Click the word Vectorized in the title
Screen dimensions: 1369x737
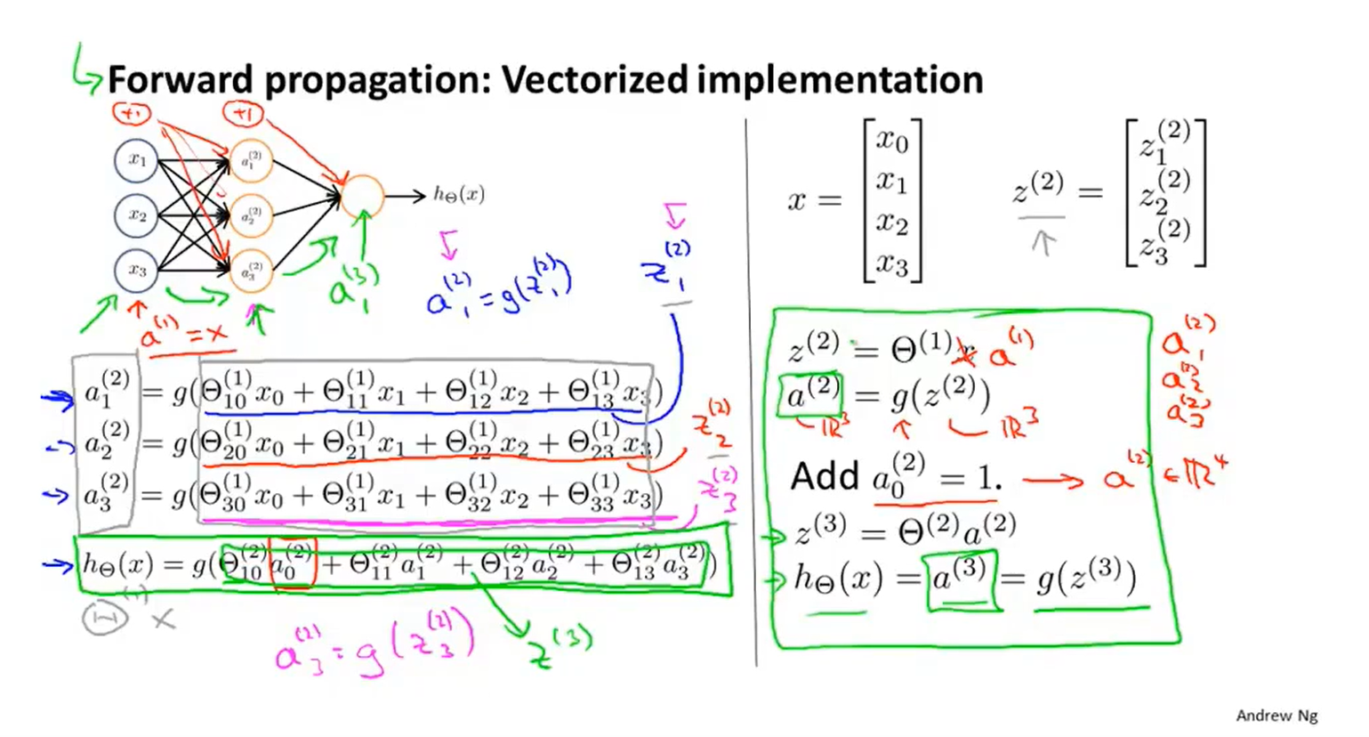(x=594, y=80)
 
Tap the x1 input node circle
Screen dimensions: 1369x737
(x=136, y=160)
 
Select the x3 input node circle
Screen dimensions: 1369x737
(x=136, y=270)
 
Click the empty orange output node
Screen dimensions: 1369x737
(x=361, y=196)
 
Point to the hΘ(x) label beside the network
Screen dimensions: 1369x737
(x=459, y=195)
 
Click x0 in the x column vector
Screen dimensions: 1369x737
(x=892, y=141)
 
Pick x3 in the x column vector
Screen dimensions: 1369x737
(x=892, y=263)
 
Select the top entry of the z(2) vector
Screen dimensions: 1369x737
(x=1164, y=142)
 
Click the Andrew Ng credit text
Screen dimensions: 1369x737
(x=1276, y=716)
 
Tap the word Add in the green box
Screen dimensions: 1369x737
(x=825, y=477)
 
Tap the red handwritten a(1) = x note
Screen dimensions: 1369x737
(x=182, y=335)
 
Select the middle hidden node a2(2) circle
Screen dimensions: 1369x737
(x=251, y=215)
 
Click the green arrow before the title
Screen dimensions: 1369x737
(x=85, y=69)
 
